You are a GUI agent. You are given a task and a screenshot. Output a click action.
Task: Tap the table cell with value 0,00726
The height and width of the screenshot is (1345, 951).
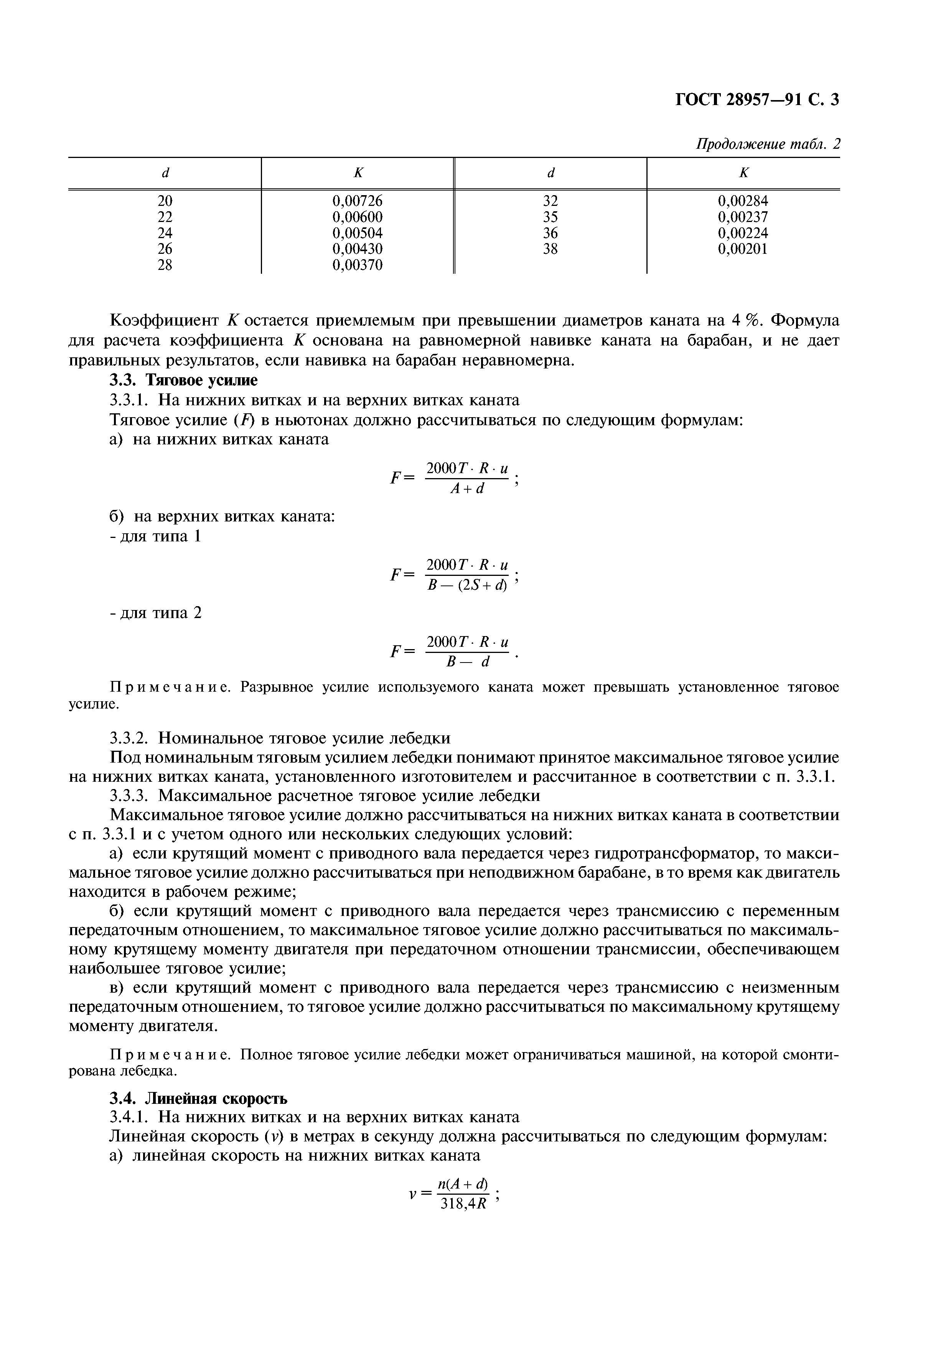coord(358,201)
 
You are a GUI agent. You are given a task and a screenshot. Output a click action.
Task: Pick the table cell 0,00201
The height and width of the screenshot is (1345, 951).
coord(742,249)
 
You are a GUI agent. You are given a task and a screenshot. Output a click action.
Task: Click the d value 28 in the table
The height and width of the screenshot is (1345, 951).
coord(165,265)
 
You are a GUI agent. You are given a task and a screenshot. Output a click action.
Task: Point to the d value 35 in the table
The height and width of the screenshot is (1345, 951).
coord(550,217)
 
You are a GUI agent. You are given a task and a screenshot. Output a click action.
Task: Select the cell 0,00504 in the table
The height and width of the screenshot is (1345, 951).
coord(358,233)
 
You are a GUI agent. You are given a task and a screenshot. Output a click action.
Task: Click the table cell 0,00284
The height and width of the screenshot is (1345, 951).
coord(742,201)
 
